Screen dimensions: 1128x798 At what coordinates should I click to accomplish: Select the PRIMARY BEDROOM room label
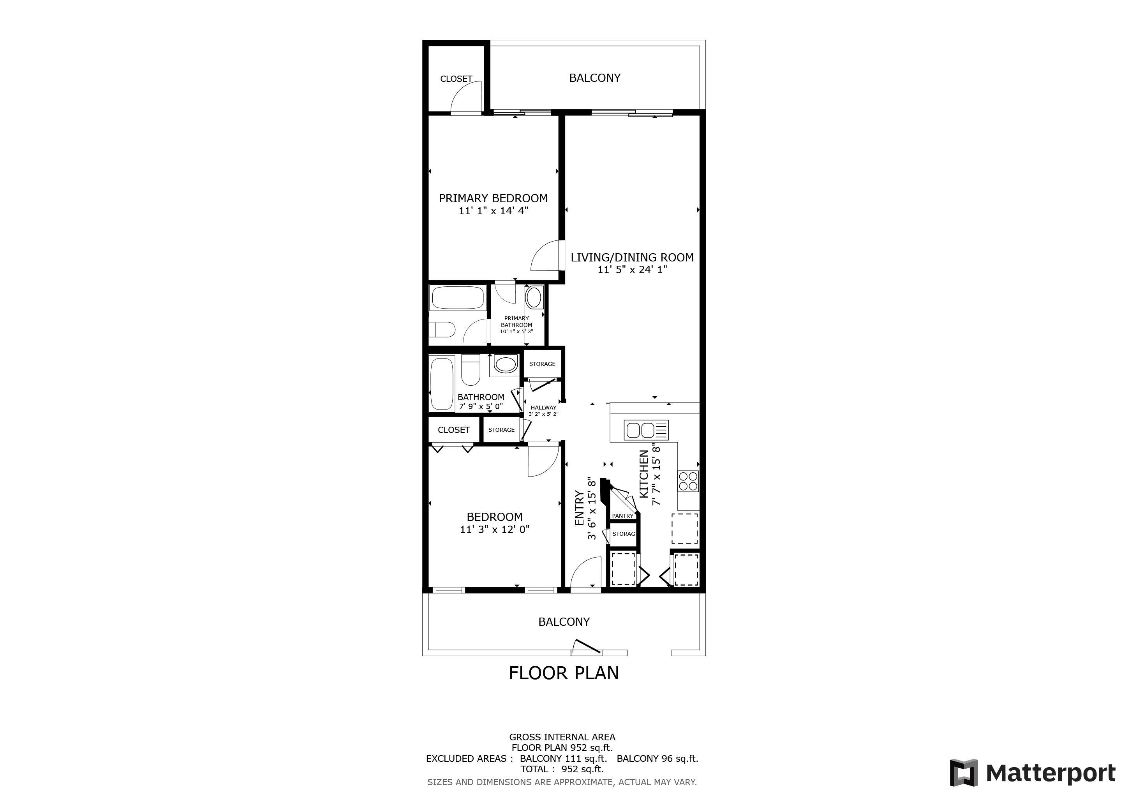click(493, 198)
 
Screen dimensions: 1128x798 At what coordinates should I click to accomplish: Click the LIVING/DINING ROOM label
click(632, 257)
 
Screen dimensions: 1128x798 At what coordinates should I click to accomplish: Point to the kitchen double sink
click(646, 430)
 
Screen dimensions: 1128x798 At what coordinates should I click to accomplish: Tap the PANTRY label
click(622, 516)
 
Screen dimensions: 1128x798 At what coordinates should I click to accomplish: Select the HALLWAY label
click(543, 407)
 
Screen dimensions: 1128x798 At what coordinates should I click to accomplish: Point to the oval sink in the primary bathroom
click(534, 298)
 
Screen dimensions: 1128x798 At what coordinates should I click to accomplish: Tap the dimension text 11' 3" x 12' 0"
click(495, 529)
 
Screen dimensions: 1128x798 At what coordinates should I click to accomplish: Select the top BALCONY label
click(594, 78)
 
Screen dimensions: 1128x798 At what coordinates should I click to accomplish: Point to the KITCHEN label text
click(643, 474)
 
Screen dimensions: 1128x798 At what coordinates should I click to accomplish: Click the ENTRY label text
click(579, 508)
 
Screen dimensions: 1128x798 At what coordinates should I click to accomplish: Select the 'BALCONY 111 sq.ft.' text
click(563, 758)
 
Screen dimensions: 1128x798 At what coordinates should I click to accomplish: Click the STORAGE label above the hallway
click(543, 364)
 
